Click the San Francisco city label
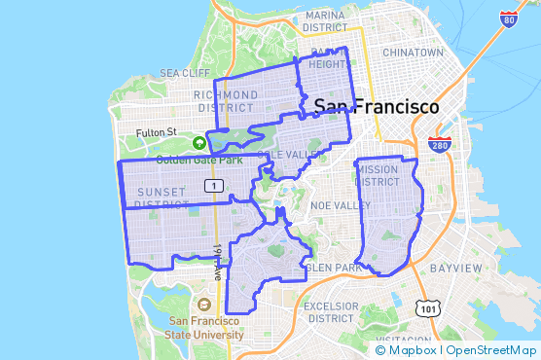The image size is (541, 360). coord(376,106)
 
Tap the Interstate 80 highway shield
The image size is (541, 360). coord(508,18)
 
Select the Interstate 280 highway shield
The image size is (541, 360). coord(439,145)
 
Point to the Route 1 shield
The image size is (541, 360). coord(212,185)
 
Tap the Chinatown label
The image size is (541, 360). coord(413,52)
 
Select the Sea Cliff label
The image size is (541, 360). coord(185,73)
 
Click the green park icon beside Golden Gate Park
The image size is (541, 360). coord(199,142)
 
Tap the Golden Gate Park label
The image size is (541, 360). coord(191,160)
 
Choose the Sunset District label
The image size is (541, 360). coord(161,198)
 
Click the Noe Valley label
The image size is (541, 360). coord(334,206)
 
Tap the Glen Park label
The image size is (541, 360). coord(333,267)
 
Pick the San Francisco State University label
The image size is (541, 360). coord(206,328)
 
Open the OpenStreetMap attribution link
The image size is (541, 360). coord(493,349)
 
